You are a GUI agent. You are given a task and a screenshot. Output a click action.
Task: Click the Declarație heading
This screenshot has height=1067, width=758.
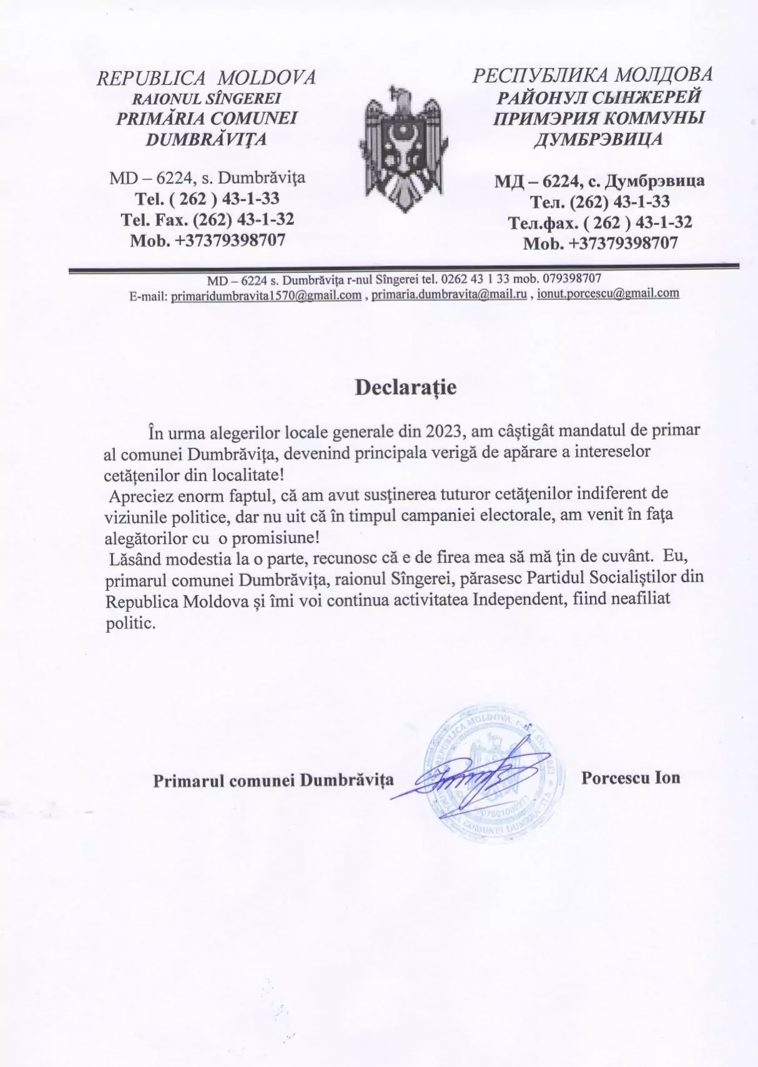click(x=405, y=387)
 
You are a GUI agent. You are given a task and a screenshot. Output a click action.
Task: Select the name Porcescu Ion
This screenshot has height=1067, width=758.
click(x=631, y=778)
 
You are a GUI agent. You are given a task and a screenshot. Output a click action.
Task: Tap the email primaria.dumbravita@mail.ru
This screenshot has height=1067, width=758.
click(x=449, y=294)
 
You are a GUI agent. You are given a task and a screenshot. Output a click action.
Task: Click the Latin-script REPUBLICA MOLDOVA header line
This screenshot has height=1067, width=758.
click(x=206, y=77)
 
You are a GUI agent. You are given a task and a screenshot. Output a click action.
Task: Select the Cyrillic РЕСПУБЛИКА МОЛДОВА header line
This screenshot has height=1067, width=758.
click(x=592, y=75)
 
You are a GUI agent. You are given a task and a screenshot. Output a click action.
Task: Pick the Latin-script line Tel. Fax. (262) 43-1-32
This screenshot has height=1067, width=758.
click(x=207, y=219)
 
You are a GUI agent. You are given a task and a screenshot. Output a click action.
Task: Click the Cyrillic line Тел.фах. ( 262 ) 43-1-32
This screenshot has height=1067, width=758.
click(x=599, y=222)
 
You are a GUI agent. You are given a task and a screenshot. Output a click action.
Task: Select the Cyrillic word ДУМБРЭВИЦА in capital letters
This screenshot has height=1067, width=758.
click(x=598, y=139)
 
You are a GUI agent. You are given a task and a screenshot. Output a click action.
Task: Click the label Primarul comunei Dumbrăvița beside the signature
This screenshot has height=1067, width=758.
click(x=273, y=780)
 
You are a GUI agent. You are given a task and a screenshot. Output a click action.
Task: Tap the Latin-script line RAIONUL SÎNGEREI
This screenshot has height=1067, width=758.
click(x=206, y=98)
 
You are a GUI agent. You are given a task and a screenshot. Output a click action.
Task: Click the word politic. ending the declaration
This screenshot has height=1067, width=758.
click(x=129, y=623)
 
